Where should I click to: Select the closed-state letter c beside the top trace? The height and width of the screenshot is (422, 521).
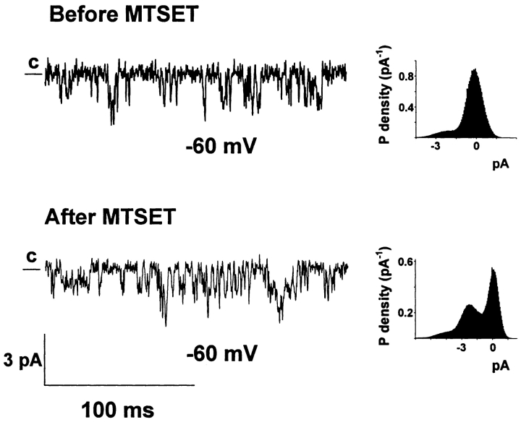(33, 63)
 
